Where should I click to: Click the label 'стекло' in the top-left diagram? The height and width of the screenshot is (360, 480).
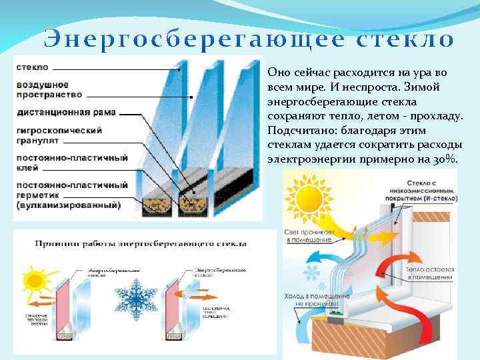[x=31, y=67]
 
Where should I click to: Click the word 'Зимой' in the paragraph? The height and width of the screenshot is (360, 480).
[x=418, y=87]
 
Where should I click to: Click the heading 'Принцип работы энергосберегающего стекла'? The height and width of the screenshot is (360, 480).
[x=141, y=243]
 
